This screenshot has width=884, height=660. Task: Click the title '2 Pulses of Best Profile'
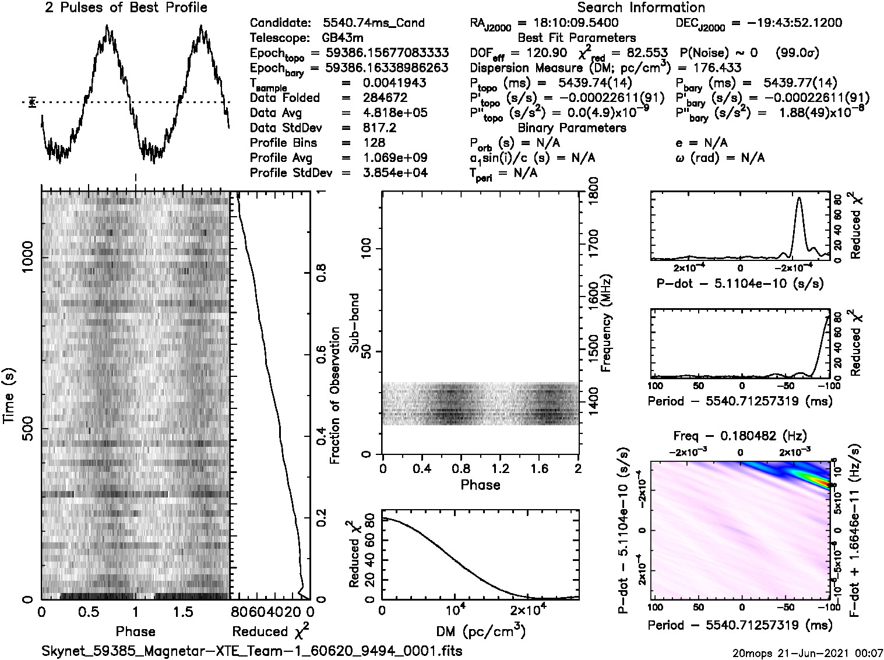tap(126, 8)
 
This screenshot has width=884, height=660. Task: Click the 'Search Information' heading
tap(641, 8)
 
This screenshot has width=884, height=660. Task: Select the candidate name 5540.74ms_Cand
tap(374, 23)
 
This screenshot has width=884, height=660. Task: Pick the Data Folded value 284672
tap(385, 98)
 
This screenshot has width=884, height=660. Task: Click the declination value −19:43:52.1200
tap(787, 23)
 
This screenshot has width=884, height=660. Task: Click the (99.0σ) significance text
tap(798, 53)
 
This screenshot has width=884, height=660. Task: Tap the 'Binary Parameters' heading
tap(572, 128)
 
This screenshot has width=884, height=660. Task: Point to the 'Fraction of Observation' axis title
tap(334, 396)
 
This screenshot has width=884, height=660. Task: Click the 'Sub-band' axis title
tap(355, 323)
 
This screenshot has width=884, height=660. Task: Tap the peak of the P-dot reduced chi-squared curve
tap(798, 198)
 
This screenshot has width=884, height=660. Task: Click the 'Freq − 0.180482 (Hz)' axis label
tap(740, 436)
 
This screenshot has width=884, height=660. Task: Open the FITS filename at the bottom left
tap(252, 650)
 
